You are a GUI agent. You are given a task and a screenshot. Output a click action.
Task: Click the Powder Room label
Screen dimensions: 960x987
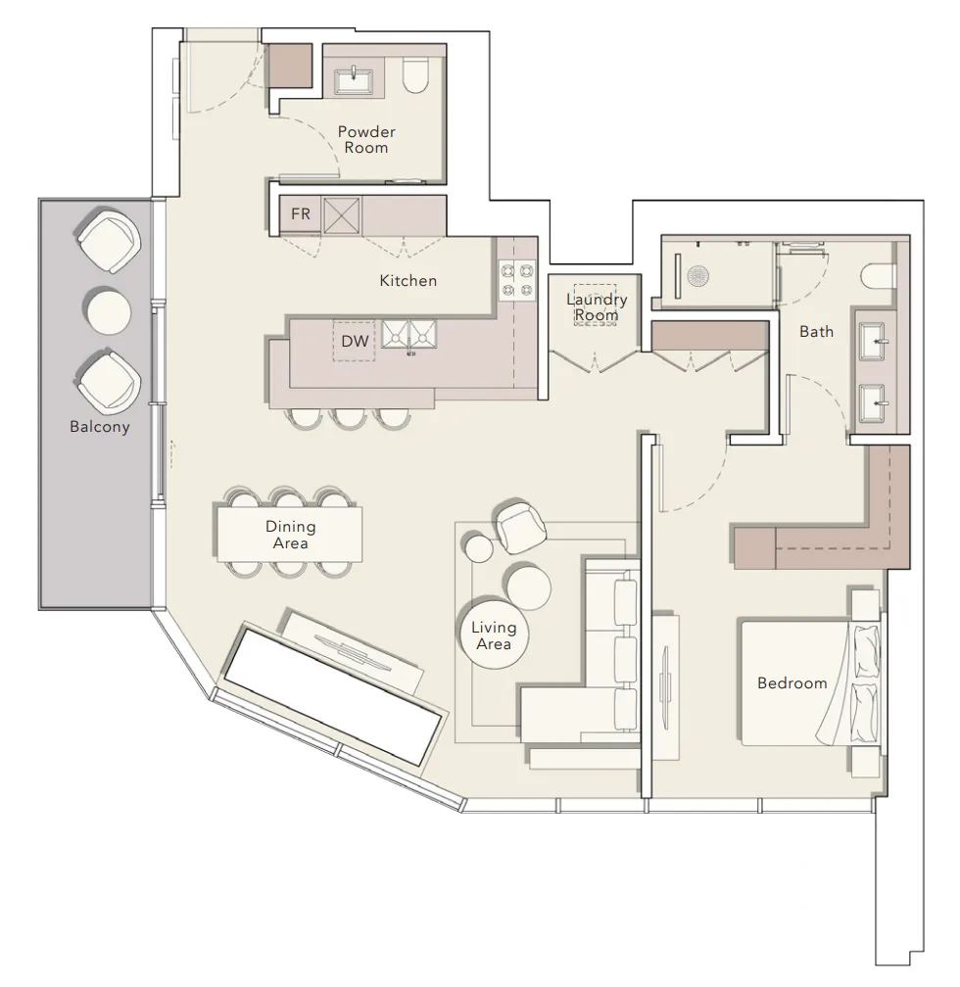pos(366,140)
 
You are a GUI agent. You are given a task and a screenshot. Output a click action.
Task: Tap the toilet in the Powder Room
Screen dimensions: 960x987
pos(415,74)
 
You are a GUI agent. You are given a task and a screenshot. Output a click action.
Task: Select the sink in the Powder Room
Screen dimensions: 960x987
pos(355,81)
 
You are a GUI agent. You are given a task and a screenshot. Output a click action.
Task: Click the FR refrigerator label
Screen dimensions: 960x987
pos(301,214)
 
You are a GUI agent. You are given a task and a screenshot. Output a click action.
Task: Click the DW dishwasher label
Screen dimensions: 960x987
pos(355,341)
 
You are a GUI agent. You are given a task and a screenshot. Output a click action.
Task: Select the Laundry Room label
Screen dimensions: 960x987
pos(597,306)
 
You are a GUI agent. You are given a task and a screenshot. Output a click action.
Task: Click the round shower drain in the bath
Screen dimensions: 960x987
pos(698,276)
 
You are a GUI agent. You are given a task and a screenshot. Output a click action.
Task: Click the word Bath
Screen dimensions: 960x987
pos(816,331)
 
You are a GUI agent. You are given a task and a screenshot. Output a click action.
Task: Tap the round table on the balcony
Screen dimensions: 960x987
pos(109,311)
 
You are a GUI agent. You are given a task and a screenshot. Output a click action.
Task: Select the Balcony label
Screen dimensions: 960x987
pos(100,427)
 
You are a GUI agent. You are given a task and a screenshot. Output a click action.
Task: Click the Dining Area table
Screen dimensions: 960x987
pos(290,534)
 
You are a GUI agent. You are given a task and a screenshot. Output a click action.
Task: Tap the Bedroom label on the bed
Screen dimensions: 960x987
pos(792,683)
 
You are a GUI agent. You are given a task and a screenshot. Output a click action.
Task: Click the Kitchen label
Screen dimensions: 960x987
pos(408,281)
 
